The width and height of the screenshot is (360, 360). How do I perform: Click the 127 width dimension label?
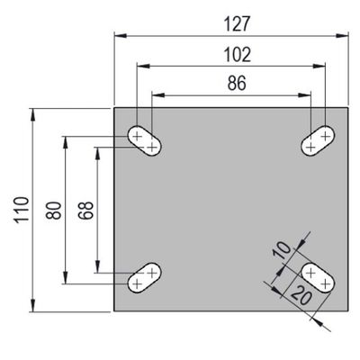click(237, 24)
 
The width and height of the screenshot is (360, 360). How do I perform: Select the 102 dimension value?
click(238, 55)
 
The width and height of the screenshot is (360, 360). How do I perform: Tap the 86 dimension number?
click(237, 83)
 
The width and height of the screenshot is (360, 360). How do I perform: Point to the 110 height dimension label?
click(22, 210)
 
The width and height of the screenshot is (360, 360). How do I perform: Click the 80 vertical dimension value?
click(54, 211)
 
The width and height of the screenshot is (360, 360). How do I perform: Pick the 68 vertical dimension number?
click(85, 210)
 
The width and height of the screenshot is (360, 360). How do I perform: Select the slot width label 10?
click(282, 249)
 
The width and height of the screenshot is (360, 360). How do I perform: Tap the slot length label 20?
click(301, 295)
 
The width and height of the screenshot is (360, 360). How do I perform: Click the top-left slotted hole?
click(145, 140)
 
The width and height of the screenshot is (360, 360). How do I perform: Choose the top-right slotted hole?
click(318, 140)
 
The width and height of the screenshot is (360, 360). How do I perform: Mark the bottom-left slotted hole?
click(145, 277)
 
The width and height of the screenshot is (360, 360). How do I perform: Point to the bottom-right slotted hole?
click(318, 277)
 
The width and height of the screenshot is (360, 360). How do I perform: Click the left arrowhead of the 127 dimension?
click(120, 36)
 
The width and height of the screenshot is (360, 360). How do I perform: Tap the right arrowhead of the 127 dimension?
click(342, 36)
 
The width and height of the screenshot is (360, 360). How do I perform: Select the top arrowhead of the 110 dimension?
click(33, 114)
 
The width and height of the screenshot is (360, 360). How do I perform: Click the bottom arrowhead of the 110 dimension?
click(33, 305)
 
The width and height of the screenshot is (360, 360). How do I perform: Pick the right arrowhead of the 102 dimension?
click(319, 66)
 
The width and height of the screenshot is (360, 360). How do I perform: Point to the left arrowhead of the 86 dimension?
click(158, 95)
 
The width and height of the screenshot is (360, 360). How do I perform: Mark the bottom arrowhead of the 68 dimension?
click(97, 266)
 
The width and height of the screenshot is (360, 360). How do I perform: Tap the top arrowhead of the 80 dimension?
click(66, 143)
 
